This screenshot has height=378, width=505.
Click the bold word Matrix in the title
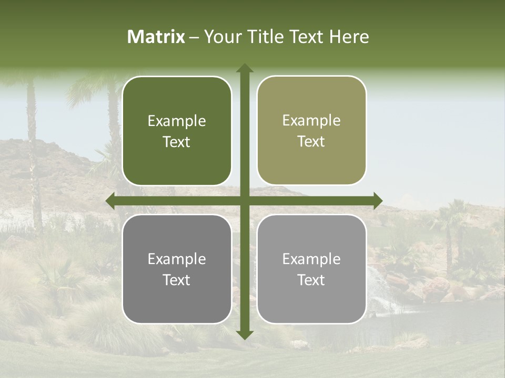tap(156, 37)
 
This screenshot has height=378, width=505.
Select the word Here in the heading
tap(349, 37)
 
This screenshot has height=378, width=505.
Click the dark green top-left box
tap(177, 131)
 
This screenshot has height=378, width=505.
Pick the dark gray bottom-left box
tap(177, 269)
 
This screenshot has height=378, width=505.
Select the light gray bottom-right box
tap(311, 269)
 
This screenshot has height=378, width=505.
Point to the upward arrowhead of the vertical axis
tap(245, 68)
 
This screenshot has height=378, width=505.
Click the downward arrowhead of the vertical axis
tap(245, 334)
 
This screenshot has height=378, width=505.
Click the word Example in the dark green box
tap(177, 121)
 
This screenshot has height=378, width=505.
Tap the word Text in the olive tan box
tap(311, 142)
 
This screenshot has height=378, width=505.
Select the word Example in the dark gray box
tap(177, 259)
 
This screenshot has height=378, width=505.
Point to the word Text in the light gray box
tap(311, 280)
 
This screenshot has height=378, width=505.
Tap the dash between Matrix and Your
tap(194, 37)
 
